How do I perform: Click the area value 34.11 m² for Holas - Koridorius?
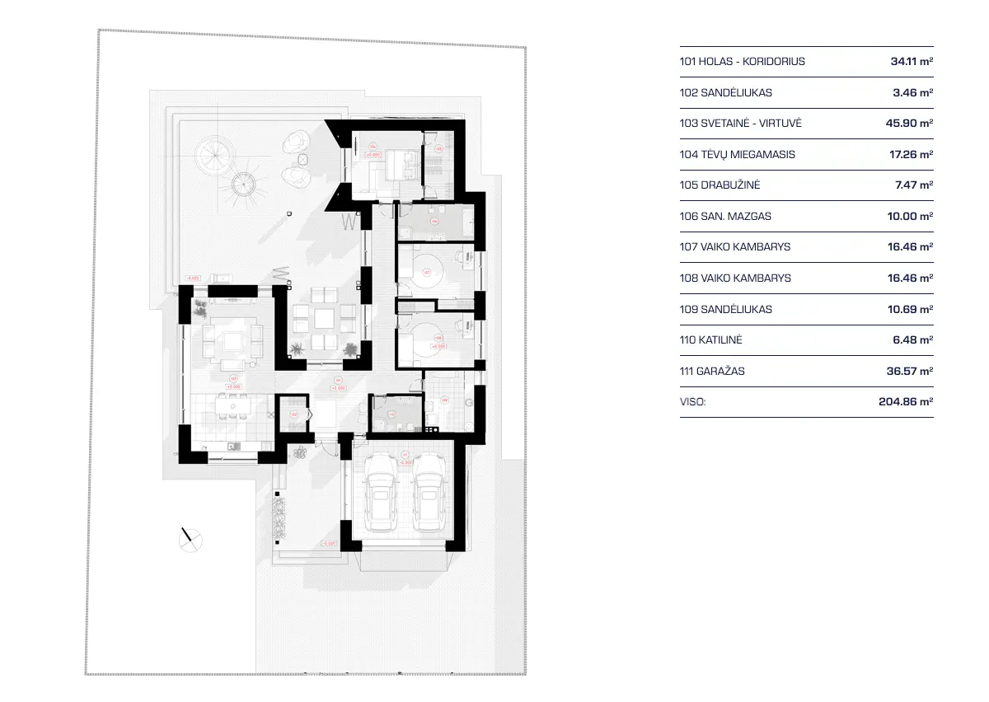coord(912,61)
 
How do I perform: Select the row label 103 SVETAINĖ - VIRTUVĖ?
coord(740,123)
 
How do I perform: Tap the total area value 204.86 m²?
coord(906,402)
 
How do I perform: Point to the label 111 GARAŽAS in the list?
coord(712,371)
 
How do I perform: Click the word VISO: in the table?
coord(693,402)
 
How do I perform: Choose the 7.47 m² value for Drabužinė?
coord(913,185)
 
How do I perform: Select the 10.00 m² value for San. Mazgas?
coord(912,216)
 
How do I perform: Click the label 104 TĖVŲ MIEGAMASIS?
coord(738,154)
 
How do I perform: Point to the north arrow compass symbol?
coord(190,539)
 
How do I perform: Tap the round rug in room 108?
coord(428,339)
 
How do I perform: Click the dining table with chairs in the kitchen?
coord(232,406)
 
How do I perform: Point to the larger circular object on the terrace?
coord(213,151)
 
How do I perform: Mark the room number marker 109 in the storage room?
coord(445,401)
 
